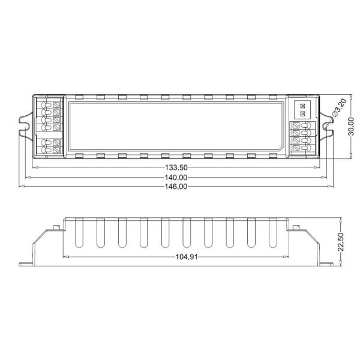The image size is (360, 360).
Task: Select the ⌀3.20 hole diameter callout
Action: [x=338, y=108]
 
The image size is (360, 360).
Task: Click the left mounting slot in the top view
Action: [x=26, y=126]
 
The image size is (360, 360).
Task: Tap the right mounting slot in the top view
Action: [x=329, y=126]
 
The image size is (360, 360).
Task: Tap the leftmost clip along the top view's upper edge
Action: [x=79, y=96]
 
